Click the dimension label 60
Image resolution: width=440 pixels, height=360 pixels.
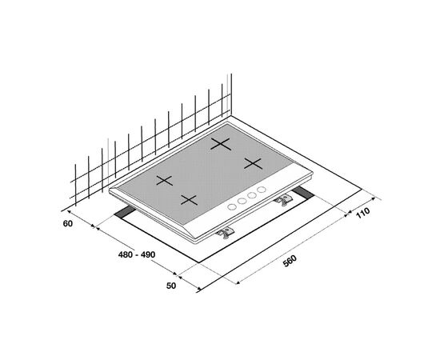(68, 224)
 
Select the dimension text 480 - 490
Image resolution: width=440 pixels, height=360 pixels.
(137, 254)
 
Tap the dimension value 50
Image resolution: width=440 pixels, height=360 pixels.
(171, 286)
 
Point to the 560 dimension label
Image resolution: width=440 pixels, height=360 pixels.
(290, 261)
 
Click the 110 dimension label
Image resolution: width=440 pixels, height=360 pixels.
(363, 213)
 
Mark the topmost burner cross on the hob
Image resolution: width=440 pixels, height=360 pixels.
(221, 144)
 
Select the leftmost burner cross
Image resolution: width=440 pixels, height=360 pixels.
(165, 181)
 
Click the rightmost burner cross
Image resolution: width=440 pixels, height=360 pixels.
(253, 163)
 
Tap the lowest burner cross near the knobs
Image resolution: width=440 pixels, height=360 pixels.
(189, 200)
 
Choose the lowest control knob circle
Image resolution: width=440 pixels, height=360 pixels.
(232, 207)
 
